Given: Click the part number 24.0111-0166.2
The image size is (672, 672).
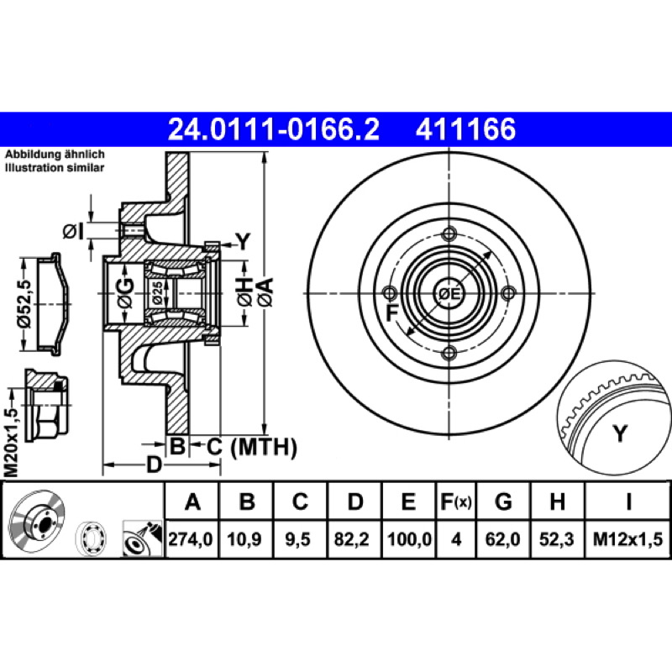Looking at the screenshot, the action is pyautogui.click(x=274, y=129).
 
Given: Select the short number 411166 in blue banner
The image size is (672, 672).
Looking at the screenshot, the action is pyautogui.click(x=465, y=129).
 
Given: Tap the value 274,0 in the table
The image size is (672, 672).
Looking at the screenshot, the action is pyautogui.click(x=191, y=538).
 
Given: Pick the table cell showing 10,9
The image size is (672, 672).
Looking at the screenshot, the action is pyautogui.click(x=244, y=538).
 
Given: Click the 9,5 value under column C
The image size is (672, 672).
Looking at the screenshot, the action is pyautogui.click(x=298, y=538).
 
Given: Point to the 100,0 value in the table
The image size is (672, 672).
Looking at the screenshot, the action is pyautogui.click(x=409, y=538).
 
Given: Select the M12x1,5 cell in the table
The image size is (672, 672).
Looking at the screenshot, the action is pyautogui.click(x=627, y=538).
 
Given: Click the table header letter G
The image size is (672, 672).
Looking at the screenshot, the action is pyautogui.click(x=503, y=501).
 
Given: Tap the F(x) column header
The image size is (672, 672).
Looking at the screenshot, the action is pyautogui.click(x=456, y=501).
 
